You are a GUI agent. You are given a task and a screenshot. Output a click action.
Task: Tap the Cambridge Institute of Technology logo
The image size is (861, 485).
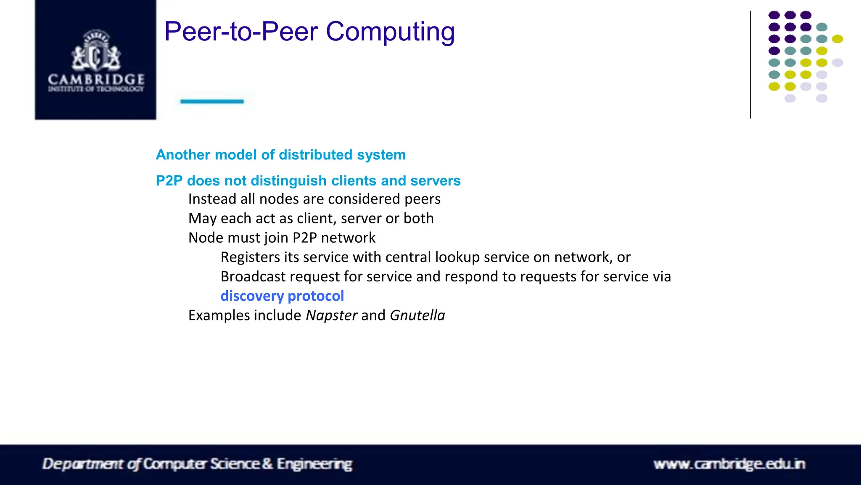tap(95, 60)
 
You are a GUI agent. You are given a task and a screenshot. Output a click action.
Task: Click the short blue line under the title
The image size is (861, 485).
tap(212, 101)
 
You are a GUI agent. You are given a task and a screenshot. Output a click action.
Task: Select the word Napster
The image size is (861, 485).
tap(331, 315)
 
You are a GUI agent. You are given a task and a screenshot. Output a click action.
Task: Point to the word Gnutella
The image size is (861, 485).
tap(417, 315)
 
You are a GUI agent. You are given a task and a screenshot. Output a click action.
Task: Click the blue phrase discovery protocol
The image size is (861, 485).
tap(282, 296)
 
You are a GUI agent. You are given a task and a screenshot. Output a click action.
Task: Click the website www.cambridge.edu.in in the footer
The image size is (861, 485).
tap(729, 464)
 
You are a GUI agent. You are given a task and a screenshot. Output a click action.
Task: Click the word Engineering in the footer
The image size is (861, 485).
tap(314, 464)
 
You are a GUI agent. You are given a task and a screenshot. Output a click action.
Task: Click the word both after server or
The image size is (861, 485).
tap(418, 219)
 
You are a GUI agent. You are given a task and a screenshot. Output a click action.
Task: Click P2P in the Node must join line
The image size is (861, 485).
tap(304, 238)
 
